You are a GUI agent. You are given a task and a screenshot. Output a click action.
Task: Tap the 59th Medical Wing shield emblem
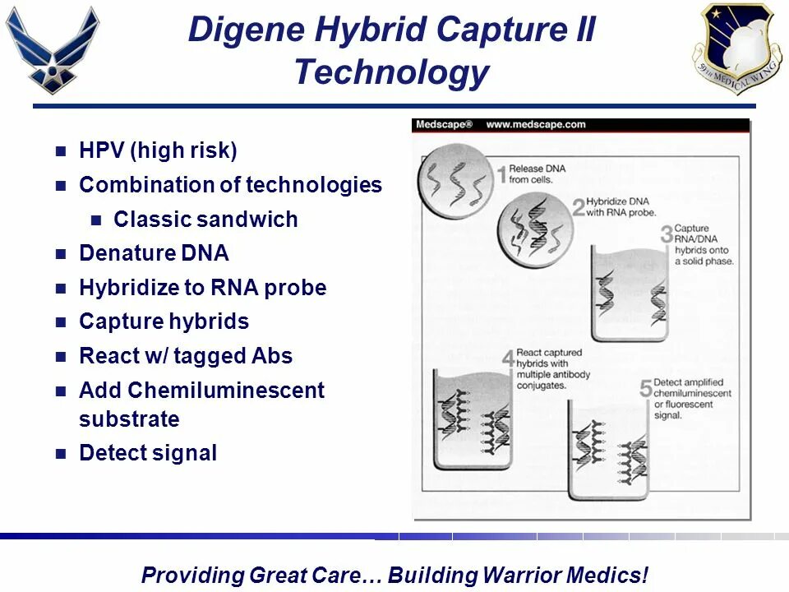click(x=736, y=48)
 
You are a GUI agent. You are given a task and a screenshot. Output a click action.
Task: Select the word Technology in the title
click(x=391, y=72)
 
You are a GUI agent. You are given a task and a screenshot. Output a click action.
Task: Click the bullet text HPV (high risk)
click(x=158, y=150)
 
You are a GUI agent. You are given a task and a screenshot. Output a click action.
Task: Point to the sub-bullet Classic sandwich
click(x=205, y=220)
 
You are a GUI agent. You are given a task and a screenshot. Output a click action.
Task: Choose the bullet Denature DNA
click(x=154, y=253)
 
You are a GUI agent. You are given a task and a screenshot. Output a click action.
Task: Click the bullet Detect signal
click(x=148, y=453)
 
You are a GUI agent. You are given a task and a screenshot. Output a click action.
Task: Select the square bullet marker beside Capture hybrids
click(x=60, y=322)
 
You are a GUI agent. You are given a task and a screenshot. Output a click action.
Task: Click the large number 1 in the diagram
click(x=501, y=175)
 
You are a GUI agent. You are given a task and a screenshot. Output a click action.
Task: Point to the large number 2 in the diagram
click(x=579, y=206)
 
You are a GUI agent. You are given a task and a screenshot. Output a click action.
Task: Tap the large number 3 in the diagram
click(x=667, y=235)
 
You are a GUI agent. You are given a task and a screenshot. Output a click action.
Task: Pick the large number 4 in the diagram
click(x=509, y=360)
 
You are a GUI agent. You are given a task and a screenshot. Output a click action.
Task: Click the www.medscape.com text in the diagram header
click(x=535, y=125)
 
